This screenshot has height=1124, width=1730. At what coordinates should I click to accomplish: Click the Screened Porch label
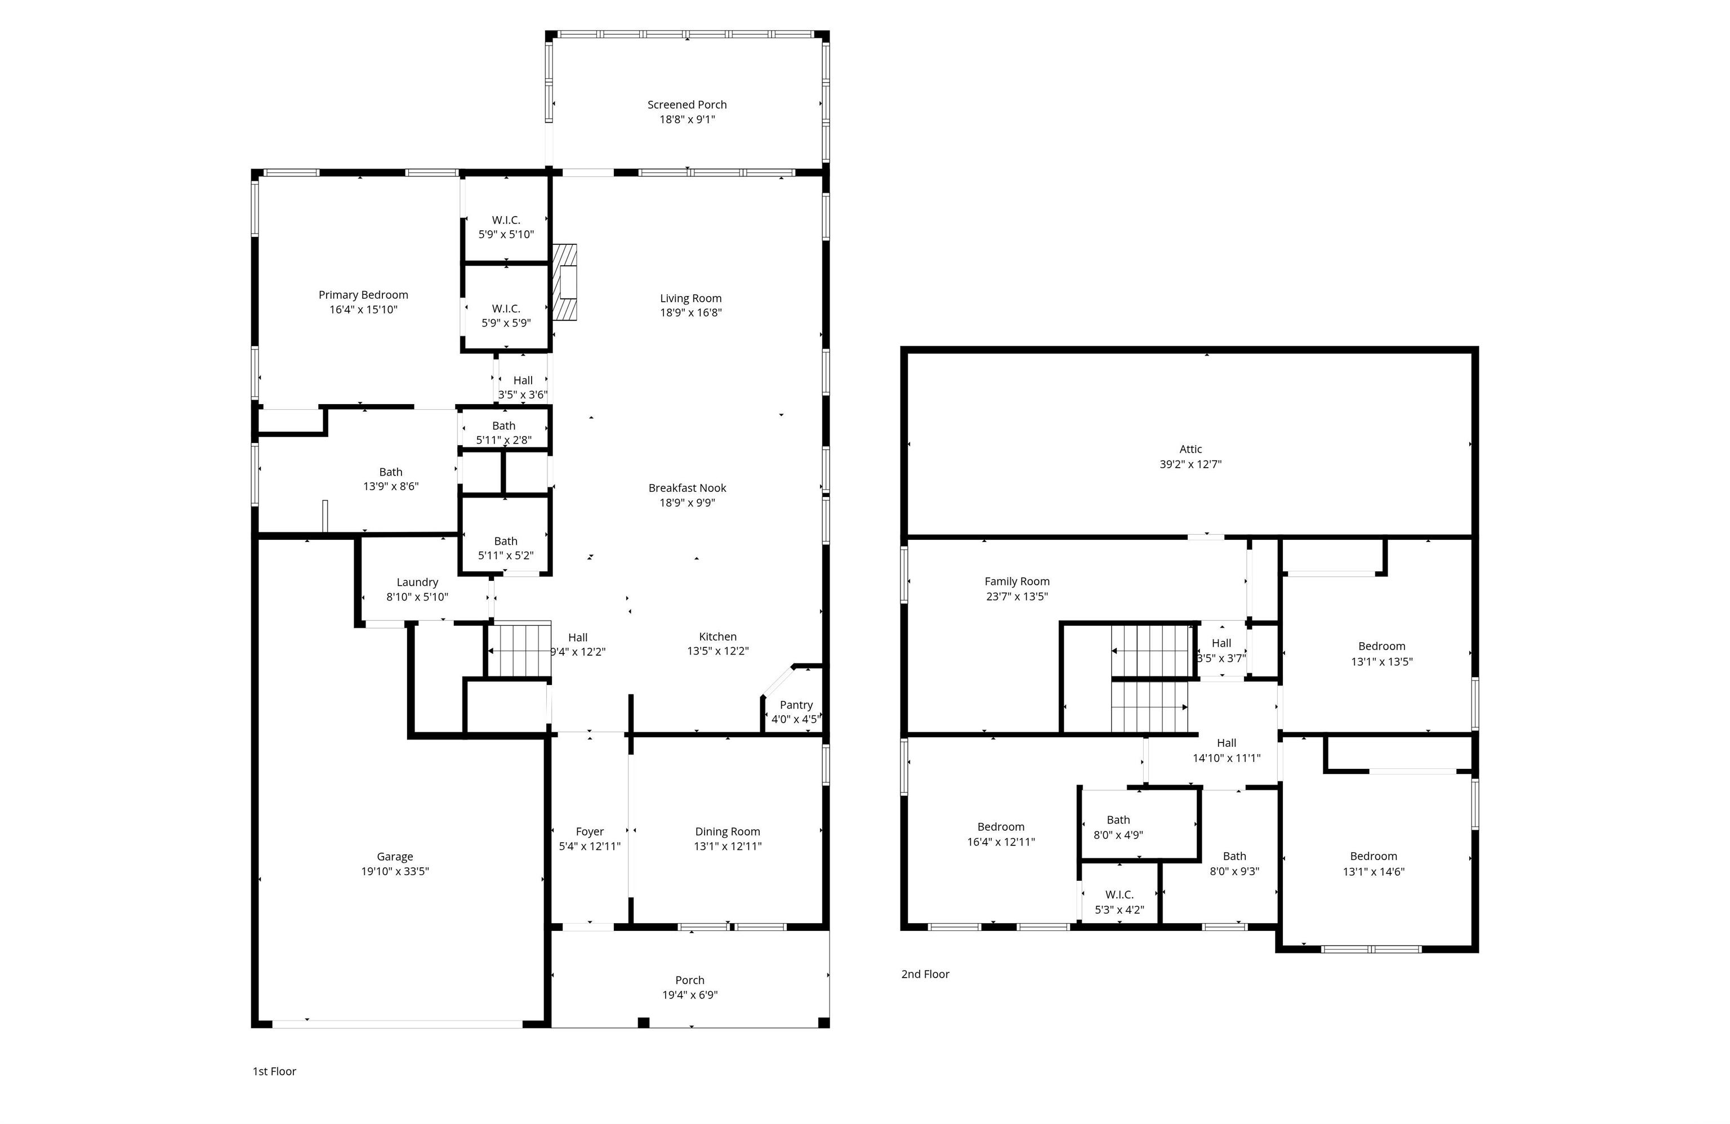point(687,105)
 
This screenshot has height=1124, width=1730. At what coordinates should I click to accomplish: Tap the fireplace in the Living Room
point(565,282)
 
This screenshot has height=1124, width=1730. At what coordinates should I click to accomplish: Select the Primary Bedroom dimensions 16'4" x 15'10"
point(363,310)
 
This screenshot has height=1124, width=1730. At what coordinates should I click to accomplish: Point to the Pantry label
point(796,705)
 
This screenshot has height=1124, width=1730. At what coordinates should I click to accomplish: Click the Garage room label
point(395,857)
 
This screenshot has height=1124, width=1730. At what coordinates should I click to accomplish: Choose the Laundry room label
point(417,582)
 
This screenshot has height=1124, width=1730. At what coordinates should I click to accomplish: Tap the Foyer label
point(590,831)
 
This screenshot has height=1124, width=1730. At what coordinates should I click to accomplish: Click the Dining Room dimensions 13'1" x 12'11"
point(728,846)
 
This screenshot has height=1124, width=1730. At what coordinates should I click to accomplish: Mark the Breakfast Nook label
point(687,488)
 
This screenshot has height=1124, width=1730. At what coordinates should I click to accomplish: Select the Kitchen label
point(717,637)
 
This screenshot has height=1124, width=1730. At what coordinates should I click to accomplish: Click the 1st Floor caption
point(274,1071)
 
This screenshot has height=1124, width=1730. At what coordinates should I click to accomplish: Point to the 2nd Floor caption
point(925,974)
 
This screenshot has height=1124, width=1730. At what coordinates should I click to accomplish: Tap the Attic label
point(1191,449)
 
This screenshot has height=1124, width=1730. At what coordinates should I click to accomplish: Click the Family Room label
point(1017,581)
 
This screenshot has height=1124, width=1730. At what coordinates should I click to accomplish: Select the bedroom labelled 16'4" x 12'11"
point(1001,834)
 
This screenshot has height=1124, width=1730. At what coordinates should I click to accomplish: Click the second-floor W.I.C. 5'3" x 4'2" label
point(1120,902)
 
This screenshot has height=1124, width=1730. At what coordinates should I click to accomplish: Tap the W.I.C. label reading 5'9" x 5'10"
point(506,227)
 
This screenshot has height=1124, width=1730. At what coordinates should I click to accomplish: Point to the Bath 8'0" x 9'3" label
point(1234,863)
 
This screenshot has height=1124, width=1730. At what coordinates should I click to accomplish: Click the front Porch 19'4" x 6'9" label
point(690,987)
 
